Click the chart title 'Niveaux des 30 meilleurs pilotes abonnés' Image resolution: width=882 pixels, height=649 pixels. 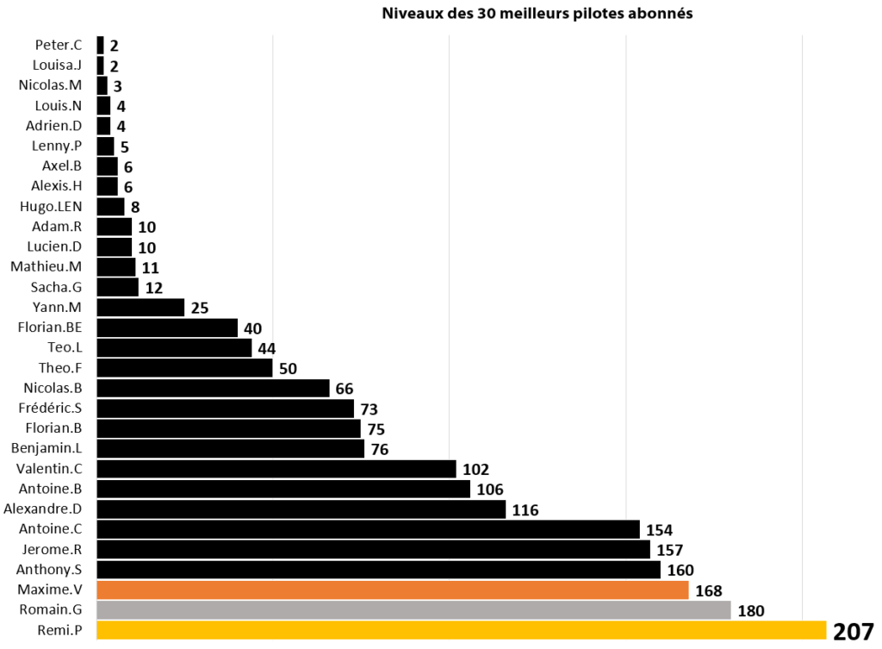pos(537,14)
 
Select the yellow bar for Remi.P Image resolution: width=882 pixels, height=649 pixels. pos(462,630)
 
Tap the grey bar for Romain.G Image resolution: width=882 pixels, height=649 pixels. pos(413,610)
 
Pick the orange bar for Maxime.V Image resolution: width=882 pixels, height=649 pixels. pos(393,590)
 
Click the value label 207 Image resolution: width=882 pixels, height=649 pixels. pos(853,632)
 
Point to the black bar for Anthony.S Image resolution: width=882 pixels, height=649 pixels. pos(379,570)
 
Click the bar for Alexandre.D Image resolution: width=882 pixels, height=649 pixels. pos(301,509)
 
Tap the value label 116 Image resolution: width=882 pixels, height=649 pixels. pos(525,510)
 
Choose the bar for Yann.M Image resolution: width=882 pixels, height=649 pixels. pos(141,308)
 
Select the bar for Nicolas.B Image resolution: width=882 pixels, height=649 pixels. pos(214,388)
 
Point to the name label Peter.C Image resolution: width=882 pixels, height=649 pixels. pos(59,45)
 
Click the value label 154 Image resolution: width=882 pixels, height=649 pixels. pos(659,530)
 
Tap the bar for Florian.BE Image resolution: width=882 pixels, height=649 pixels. pos(167,328)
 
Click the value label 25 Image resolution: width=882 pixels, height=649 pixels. pos(200,308)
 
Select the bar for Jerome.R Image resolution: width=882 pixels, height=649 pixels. pos(374,549)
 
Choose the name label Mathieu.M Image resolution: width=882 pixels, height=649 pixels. pos(46,266)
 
